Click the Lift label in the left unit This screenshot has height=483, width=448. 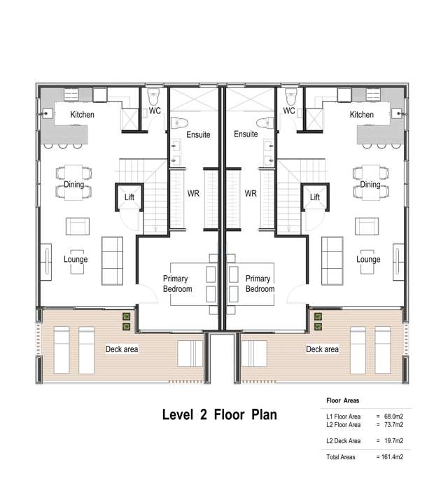click(129, 197)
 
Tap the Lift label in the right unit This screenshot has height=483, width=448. click(314, 197)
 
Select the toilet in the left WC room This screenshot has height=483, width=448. click(153, 97)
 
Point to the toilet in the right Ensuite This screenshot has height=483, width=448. click(265, 123)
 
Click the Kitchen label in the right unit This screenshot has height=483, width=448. click(361, 115)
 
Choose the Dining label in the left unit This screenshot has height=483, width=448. click(74, 185)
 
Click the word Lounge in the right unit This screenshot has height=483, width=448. click(368, 260)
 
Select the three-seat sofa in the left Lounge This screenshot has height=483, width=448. click(112, 261)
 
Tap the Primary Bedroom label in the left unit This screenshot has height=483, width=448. click(178, 283)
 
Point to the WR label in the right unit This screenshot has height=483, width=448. click(251, 193)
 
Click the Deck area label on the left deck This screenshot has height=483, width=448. click(122, 349)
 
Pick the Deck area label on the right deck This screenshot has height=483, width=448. click(322, 349)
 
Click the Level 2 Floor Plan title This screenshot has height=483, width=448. click(219, 414)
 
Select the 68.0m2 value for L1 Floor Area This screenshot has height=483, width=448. click(394, 416)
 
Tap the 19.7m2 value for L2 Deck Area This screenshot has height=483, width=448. click(394, 441)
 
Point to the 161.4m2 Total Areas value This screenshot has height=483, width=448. click(392, 457)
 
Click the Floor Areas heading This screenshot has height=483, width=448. click(342, 400)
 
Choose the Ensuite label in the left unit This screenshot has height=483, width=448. click(198, 134)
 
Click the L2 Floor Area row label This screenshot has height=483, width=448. click(343, 424)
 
